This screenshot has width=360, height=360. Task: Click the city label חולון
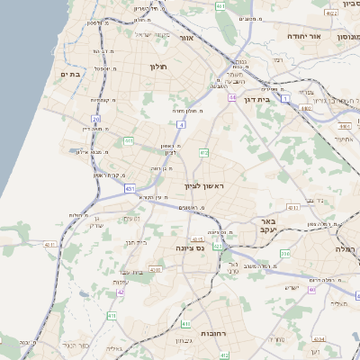(x=158, y=67)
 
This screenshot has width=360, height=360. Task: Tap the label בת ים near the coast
(x=70, y=74)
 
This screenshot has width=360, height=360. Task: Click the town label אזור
(x=187, y=39)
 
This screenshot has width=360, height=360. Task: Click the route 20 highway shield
(x=96, y=118)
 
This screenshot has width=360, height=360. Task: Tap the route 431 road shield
(x=130, y=188)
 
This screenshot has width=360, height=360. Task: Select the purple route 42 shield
(x=121, y=292)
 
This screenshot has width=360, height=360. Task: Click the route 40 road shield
(x=312, y=290)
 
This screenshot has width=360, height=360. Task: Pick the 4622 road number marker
(x=331, y=14)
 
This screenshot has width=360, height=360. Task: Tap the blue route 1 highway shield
(x=286, y=99)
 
